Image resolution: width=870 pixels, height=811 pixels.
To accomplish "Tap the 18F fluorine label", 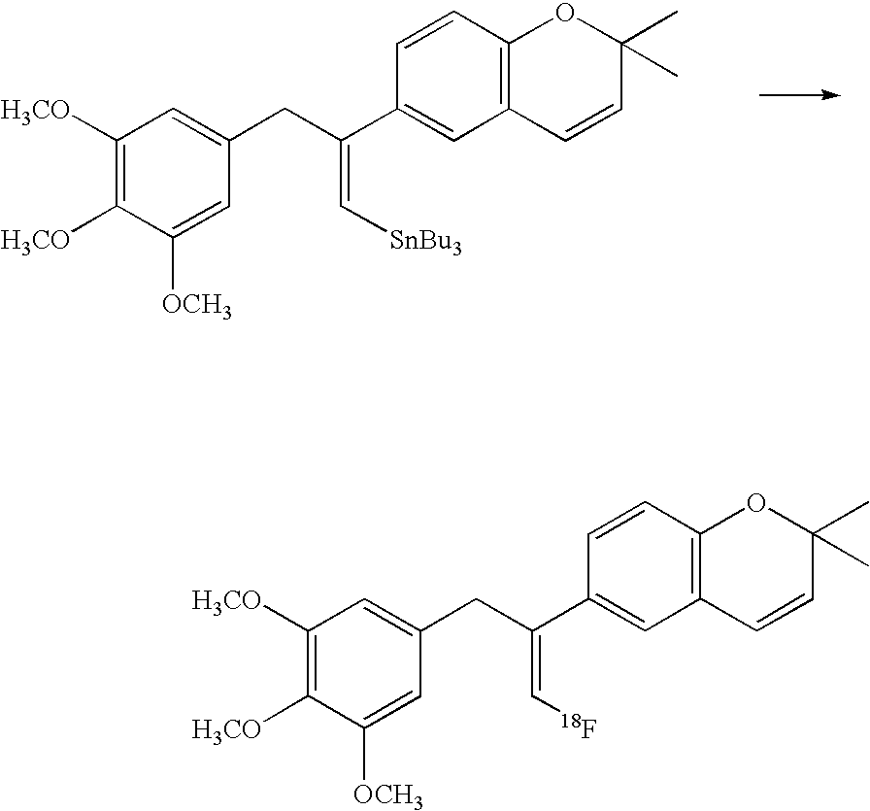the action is (578, 727).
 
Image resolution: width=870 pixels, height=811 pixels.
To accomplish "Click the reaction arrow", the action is (799, 95).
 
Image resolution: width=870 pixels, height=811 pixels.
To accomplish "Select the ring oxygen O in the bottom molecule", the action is (755, 503).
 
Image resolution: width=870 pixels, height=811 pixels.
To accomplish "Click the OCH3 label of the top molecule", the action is (197, 305).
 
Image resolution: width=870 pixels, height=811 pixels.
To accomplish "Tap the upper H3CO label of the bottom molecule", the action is (226, 601).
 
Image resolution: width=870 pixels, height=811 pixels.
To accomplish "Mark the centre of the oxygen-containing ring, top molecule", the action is (565, 76).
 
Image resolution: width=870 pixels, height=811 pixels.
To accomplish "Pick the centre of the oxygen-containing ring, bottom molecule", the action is (756, 566).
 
